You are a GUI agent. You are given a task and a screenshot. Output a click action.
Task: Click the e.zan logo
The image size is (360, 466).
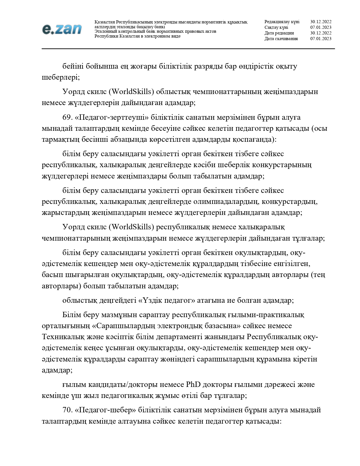click(x=62, y=29)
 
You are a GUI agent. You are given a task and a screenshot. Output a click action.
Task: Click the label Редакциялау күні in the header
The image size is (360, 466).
click(x=282, y=22)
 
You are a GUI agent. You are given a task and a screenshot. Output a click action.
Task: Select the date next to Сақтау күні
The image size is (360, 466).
click(x=321, y=27)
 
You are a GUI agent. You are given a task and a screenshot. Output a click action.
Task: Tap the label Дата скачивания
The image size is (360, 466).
click(x=281, y=39)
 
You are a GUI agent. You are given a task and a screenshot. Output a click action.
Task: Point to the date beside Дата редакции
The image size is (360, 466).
click(x=321, y=33)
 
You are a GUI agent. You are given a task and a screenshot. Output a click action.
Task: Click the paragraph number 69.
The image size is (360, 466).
click(x=67, y=117)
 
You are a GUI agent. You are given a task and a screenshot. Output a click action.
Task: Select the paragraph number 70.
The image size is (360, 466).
click(x=67, y=410)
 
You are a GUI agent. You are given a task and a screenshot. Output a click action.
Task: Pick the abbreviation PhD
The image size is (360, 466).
click(x=193, y=385)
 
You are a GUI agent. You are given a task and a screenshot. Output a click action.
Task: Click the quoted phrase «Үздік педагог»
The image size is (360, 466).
click(x=167, y=300)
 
